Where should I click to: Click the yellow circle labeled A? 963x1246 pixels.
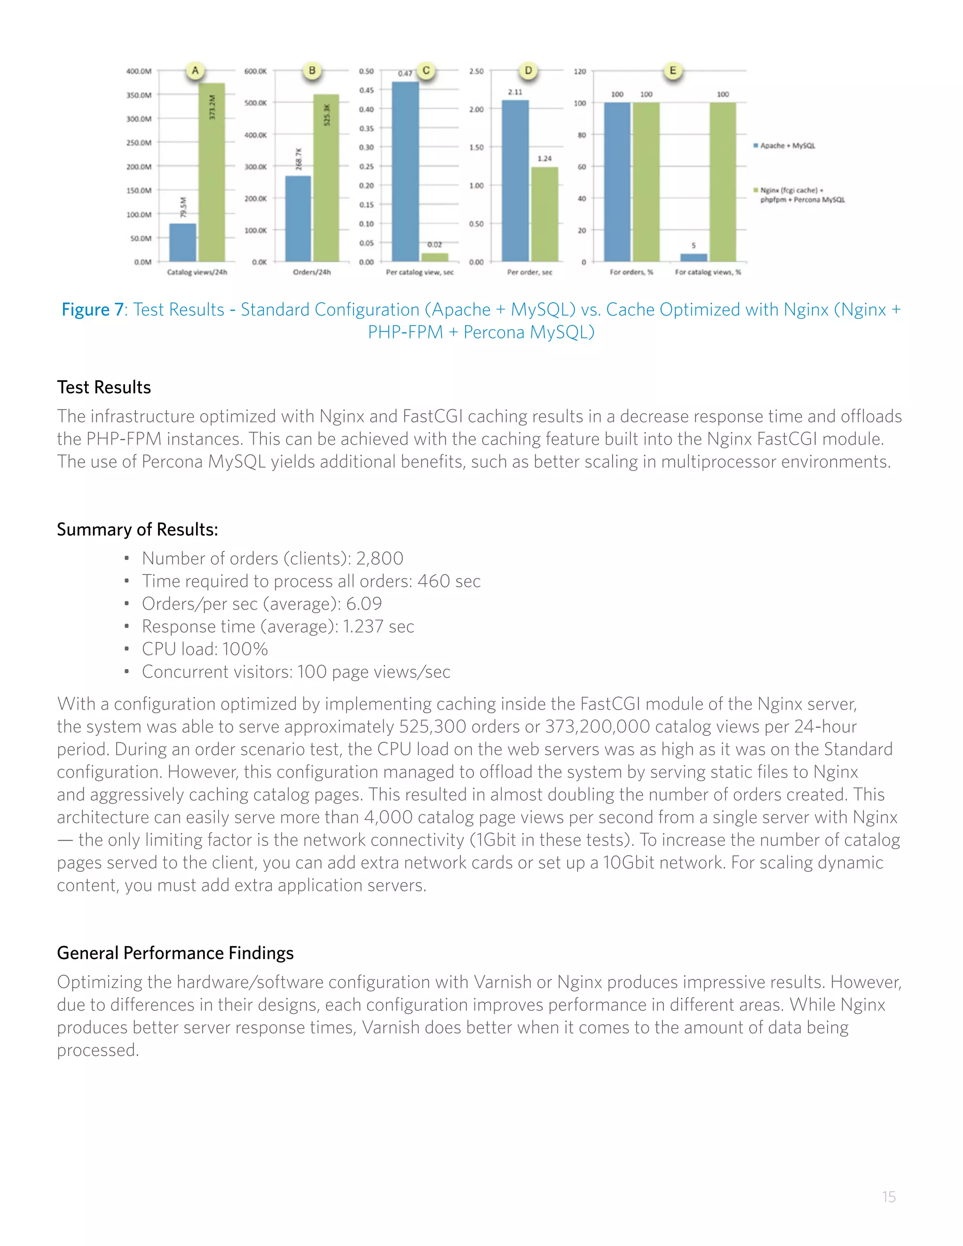coord(195,71)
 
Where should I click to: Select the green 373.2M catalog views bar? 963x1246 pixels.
coord(212,172)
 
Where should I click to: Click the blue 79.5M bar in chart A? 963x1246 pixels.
coord(182,243)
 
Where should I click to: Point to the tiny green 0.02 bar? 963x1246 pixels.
coord(435,257)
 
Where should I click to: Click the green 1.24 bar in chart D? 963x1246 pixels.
coord(545,214)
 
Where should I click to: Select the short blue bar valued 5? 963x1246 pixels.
coord(694,258)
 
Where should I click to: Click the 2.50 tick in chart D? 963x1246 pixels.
coord(476,71)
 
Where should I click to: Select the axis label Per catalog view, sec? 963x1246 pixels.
coord(419,273)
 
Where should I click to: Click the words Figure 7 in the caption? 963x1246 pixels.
coord(93,310)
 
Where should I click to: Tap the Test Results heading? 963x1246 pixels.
coord(104,387)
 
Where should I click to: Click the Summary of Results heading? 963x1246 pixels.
coord(137,529)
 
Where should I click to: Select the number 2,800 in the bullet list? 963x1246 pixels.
coord(379,559)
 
